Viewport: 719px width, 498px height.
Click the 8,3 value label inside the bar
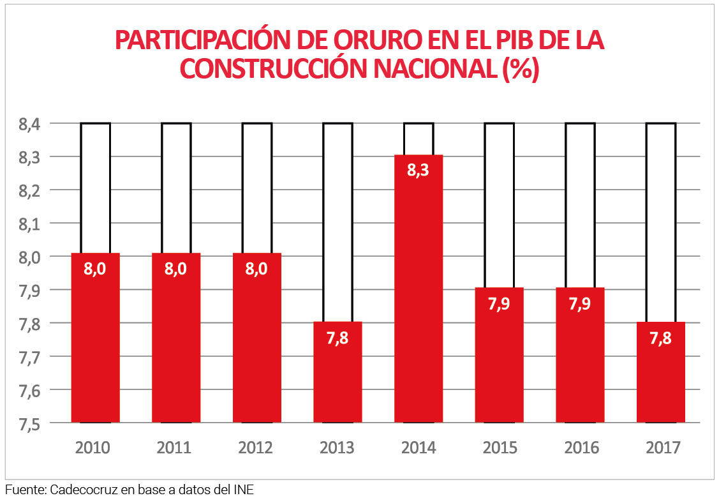pyautogui.click(x=419, y=170)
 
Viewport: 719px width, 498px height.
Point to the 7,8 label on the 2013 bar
pyautogui.click(x=337, y=338)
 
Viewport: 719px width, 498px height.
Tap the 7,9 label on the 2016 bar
pyautogui.click(x=580, y=304)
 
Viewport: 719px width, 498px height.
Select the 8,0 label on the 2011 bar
pyautogui.click(x=176, y=269)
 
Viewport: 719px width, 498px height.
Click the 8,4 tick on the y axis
pyautogui.click(x=30, y=124)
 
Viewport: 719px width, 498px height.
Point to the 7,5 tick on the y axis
pyautogui.click(x=30, y=424)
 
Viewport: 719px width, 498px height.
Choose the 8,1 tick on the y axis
pyautogui.click(x=30, y=224)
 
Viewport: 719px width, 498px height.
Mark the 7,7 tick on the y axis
pyautogui.click(x=30, y=358)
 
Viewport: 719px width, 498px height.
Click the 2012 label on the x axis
pyautogui.click(x=256, y=448)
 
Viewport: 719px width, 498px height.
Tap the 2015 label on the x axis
pyautogui.click(x=500, y=448)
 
